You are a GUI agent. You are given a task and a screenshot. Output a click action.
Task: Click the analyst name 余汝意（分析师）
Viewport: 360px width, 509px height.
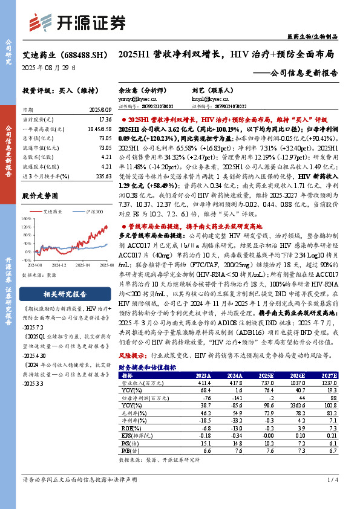tap(140, 87)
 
